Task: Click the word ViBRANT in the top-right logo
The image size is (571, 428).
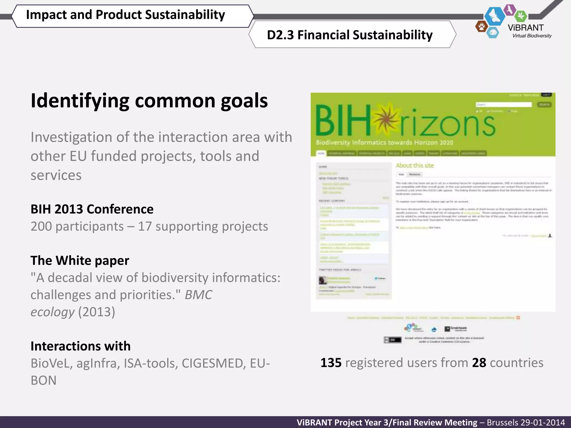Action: pos(526,28)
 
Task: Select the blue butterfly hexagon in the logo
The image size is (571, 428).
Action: pos(495,16)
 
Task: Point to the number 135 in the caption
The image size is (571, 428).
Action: pos(331,363)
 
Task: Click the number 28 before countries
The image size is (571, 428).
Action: pos(479,363)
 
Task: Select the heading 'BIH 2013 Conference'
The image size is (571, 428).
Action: pos(92,209)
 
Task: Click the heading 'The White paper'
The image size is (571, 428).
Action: pos(80,261)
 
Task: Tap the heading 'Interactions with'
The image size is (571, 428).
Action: pos(81,346)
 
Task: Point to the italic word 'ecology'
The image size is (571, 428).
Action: pos(53,312)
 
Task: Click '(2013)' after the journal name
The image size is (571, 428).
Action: pos(96,312)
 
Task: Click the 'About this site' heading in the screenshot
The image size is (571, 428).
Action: pos(415,166)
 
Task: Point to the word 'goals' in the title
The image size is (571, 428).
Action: pos(244,101)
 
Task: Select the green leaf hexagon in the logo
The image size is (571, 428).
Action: pos(520,16)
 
